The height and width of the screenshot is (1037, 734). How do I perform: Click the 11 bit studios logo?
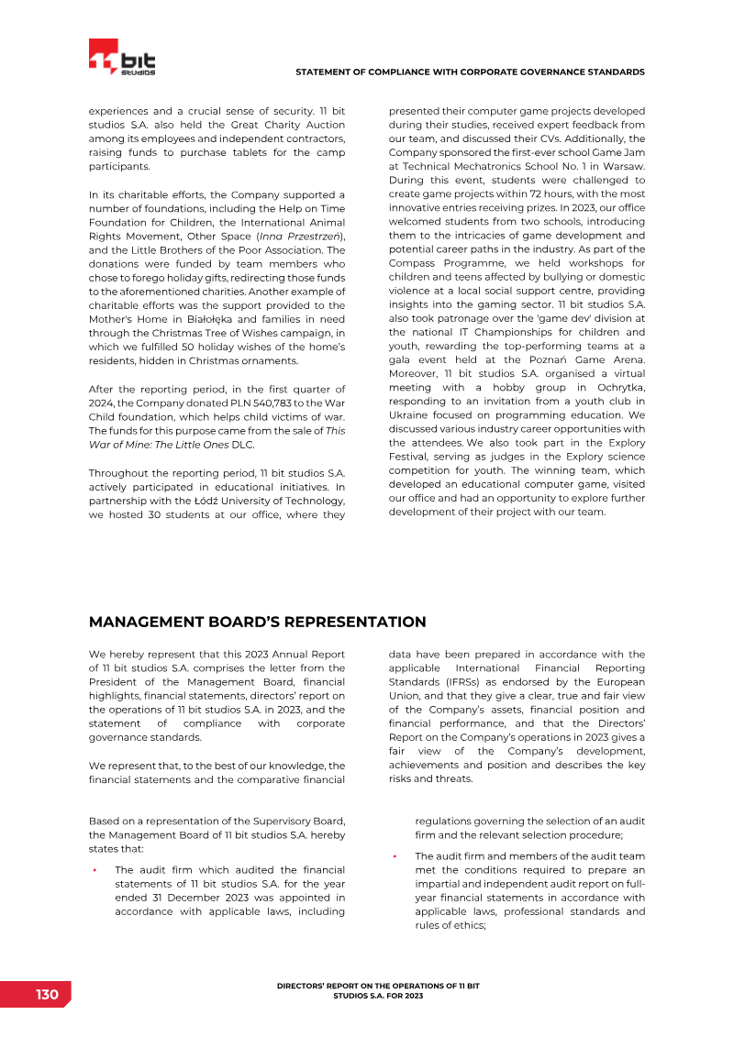tap(122, 58)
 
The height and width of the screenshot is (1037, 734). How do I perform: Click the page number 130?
tap(47, 995)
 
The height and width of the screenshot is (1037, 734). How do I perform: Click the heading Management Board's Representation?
tap(257, 622)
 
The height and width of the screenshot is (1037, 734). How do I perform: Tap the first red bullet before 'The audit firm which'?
tap(94, 870)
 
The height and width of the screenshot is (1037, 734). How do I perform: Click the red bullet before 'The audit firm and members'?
tap(395, 856)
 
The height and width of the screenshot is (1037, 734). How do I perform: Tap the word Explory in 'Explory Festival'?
tap(624, 443)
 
